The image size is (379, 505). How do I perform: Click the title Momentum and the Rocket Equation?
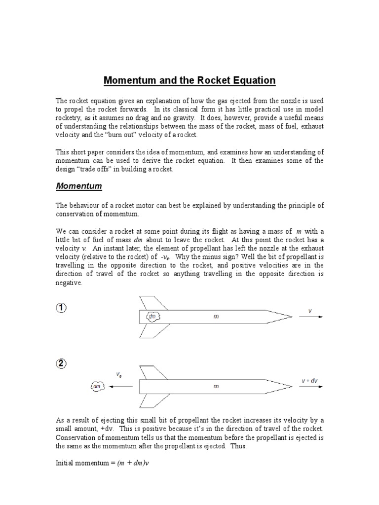(189, 80)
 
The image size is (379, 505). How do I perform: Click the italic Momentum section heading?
(78, 186)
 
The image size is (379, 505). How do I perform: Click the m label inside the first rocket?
(216, 317)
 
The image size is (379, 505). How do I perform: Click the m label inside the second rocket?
(216, 387)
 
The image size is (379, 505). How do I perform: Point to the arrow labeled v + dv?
(311, 387)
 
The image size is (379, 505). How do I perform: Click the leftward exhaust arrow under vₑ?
(120, 387)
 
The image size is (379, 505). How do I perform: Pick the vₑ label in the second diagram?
(119, 375)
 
